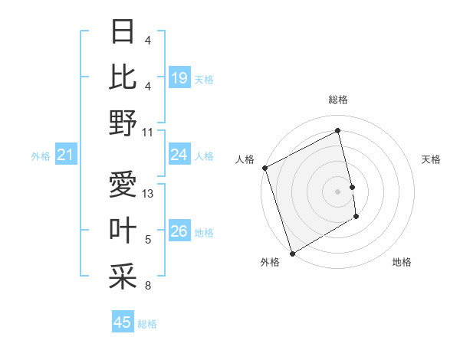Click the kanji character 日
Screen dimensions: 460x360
pos(123,32)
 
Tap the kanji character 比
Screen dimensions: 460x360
pos(123,77)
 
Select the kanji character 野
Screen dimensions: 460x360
pos(123,123)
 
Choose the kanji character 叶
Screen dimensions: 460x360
pos(123,230)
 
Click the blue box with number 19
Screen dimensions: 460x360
pos(179,77)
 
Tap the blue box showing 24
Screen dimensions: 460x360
pos(179,155)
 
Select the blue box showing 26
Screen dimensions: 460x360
pos(179,231)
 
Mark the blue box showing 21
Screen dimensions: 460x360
pos(66,155)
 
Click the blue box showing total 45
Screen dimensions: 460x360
pos(123,322)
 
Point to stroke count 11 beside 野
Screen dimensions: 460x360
pos(148,132)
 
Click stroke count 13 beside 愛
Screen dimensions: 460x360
pos(148,193)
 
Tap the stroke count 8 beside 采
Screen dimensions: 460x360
pos(148,286)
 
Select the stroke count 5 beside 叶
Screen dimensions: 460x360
pos(148,240)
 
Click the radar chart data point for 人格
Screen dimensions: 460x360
pos(264,168)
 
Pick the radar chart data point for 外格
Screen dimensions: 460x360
pos(292,253)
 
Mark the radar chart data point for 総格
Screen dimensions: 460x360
pos(338,130)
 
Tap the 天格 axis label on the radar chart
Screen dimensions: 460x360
pos(432,159)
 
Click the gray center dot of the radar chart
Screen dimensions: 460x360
pos(338,191)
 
